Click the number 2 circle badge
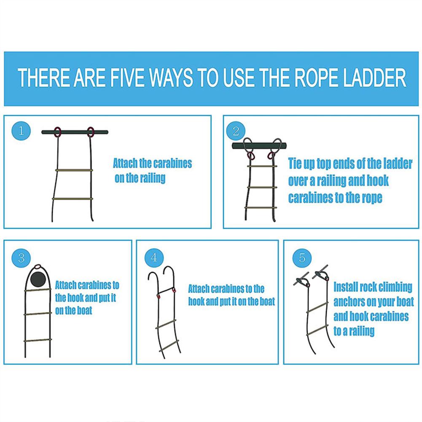tap(236, 131)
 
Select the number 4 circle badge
tap(154, 257)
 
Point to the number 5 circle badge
tap(302, 257)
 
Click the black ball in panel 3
tap(38, 279)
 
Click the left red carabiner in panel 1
tap(58, 132)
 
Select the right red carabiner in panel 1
tap(91, 132)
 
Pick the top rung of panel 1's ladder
tap(74, 170)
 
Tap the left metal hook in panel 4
tap(153, 280)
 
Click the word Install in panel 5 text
tap(346, 288)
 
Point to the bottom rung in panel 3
tap(37, 340)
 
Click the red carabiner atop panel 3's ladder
tap(38, 266)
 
